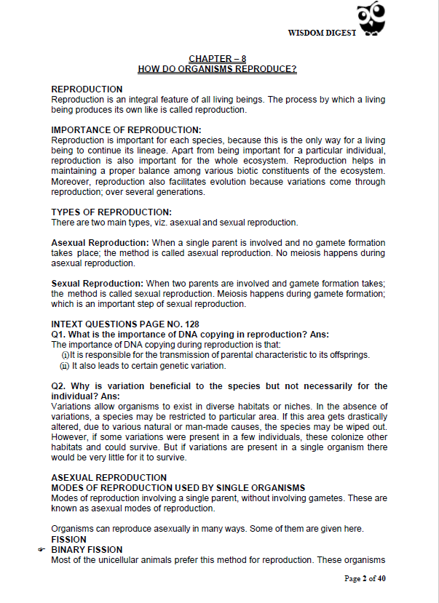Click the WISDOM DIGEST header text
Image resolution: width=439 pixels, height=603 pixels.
[321, 33]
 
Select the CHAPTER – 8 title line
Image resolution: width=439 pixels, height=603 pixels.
[217, 58]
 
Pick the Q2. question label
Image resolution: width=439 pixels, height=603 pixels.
[60, 386]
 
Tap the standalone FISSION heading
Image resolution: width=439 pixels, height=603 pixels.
[69, 539]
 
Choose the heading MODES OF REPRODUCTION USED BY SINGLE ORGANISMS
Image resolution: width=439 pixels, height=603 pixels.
[178, 487]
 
